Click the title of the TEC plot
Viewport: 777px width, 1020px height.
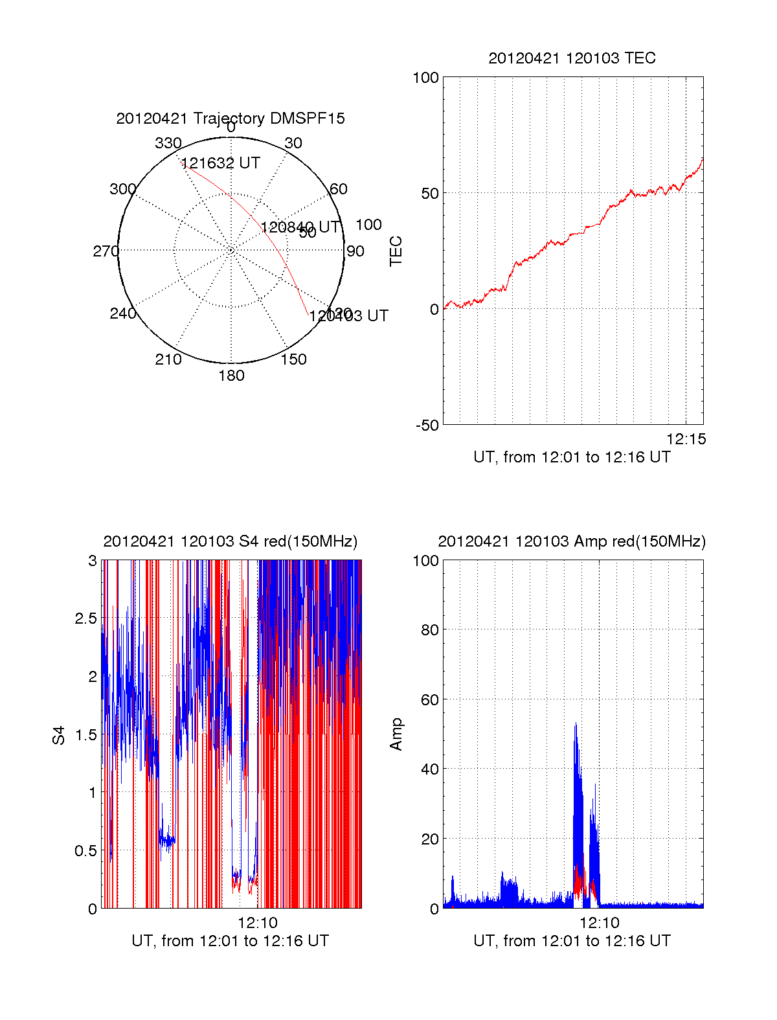pyautogui.click(x=572, y=58)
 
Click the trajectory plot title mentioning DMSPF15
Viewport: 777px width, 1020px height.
pyautogui.click(x=231, y=119)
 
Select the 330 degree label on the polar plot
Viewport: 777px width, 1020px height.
pyautogui.click(x=168, y=143)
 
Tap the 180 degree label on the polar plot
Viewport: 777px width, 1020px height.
pyautogui.click(x=231, y=376)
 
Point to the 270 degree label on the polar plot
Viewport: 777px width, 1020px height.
pyautogui.click(x=106, y=251)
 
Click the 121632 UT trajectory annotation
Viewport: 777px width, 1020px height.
pyautogui.click(x=221, y=163)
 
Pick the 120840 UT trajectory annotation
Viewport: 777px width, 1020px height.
pyautogui.click(x=300, y=227)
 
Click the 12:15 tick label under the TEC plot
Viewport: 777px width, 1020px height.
pyautogui.click(x=686, y=439)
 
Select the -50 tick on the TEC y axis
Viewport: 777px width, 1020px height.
pyautogui.click(x=427, y=425)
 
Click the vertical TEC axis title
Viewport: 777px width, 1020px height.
pyautogui.click(x=396, y=251)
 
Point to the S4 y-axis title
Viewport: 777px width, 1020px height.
pyautogui.click(x=59, y=735)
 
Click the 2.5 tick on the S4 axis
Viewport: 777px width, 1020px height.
pyautogui.click(x=86, y=618)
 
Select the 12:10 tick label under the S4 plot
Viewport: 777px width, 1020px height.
pyautogui.click(x=257, y=923)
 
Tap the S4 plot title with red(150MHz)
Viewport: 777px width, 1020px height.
pyautogui.click(x=231, y=541)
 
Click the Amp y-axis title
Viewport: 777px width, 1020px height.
pyautogui.click(x=396, y=734)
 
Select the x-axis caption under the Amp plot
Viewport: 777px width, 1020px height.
pyautogui.click(x=572, y=941)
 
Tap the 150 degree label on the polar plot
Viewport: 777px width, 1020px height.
pyautogui.click(x=293, y=359)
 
